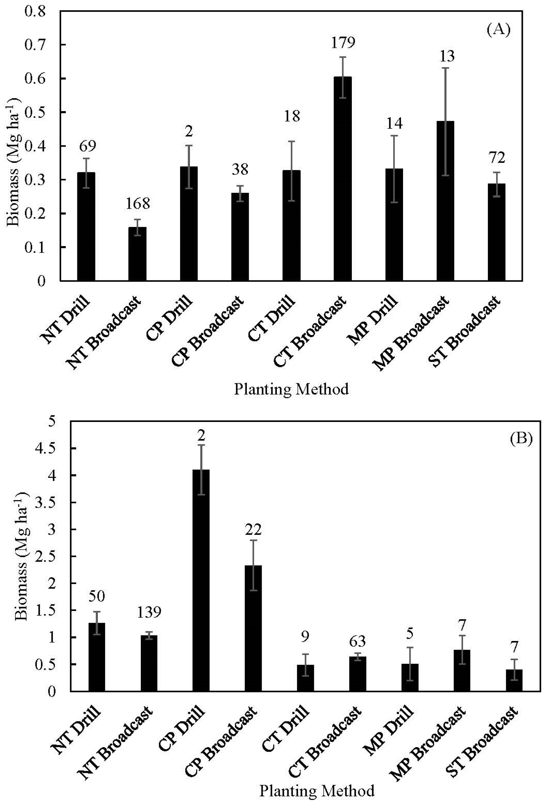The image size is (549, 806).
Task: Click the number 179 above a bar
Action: coord(343,43)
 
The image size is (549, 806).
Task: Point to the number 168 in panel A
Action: coord(138,204)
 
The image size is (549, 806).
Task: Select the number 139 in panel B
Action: coord(149,612)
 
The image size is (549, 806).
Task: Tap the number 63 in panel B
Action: coord(357,641)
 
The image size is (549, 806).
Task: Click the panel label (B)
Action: coord(521,439)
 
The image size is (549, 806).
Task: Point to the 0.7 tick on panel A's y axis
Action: coord(35,45)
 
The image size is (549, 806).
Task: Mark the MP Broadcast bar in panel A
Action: coord(445,201)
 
